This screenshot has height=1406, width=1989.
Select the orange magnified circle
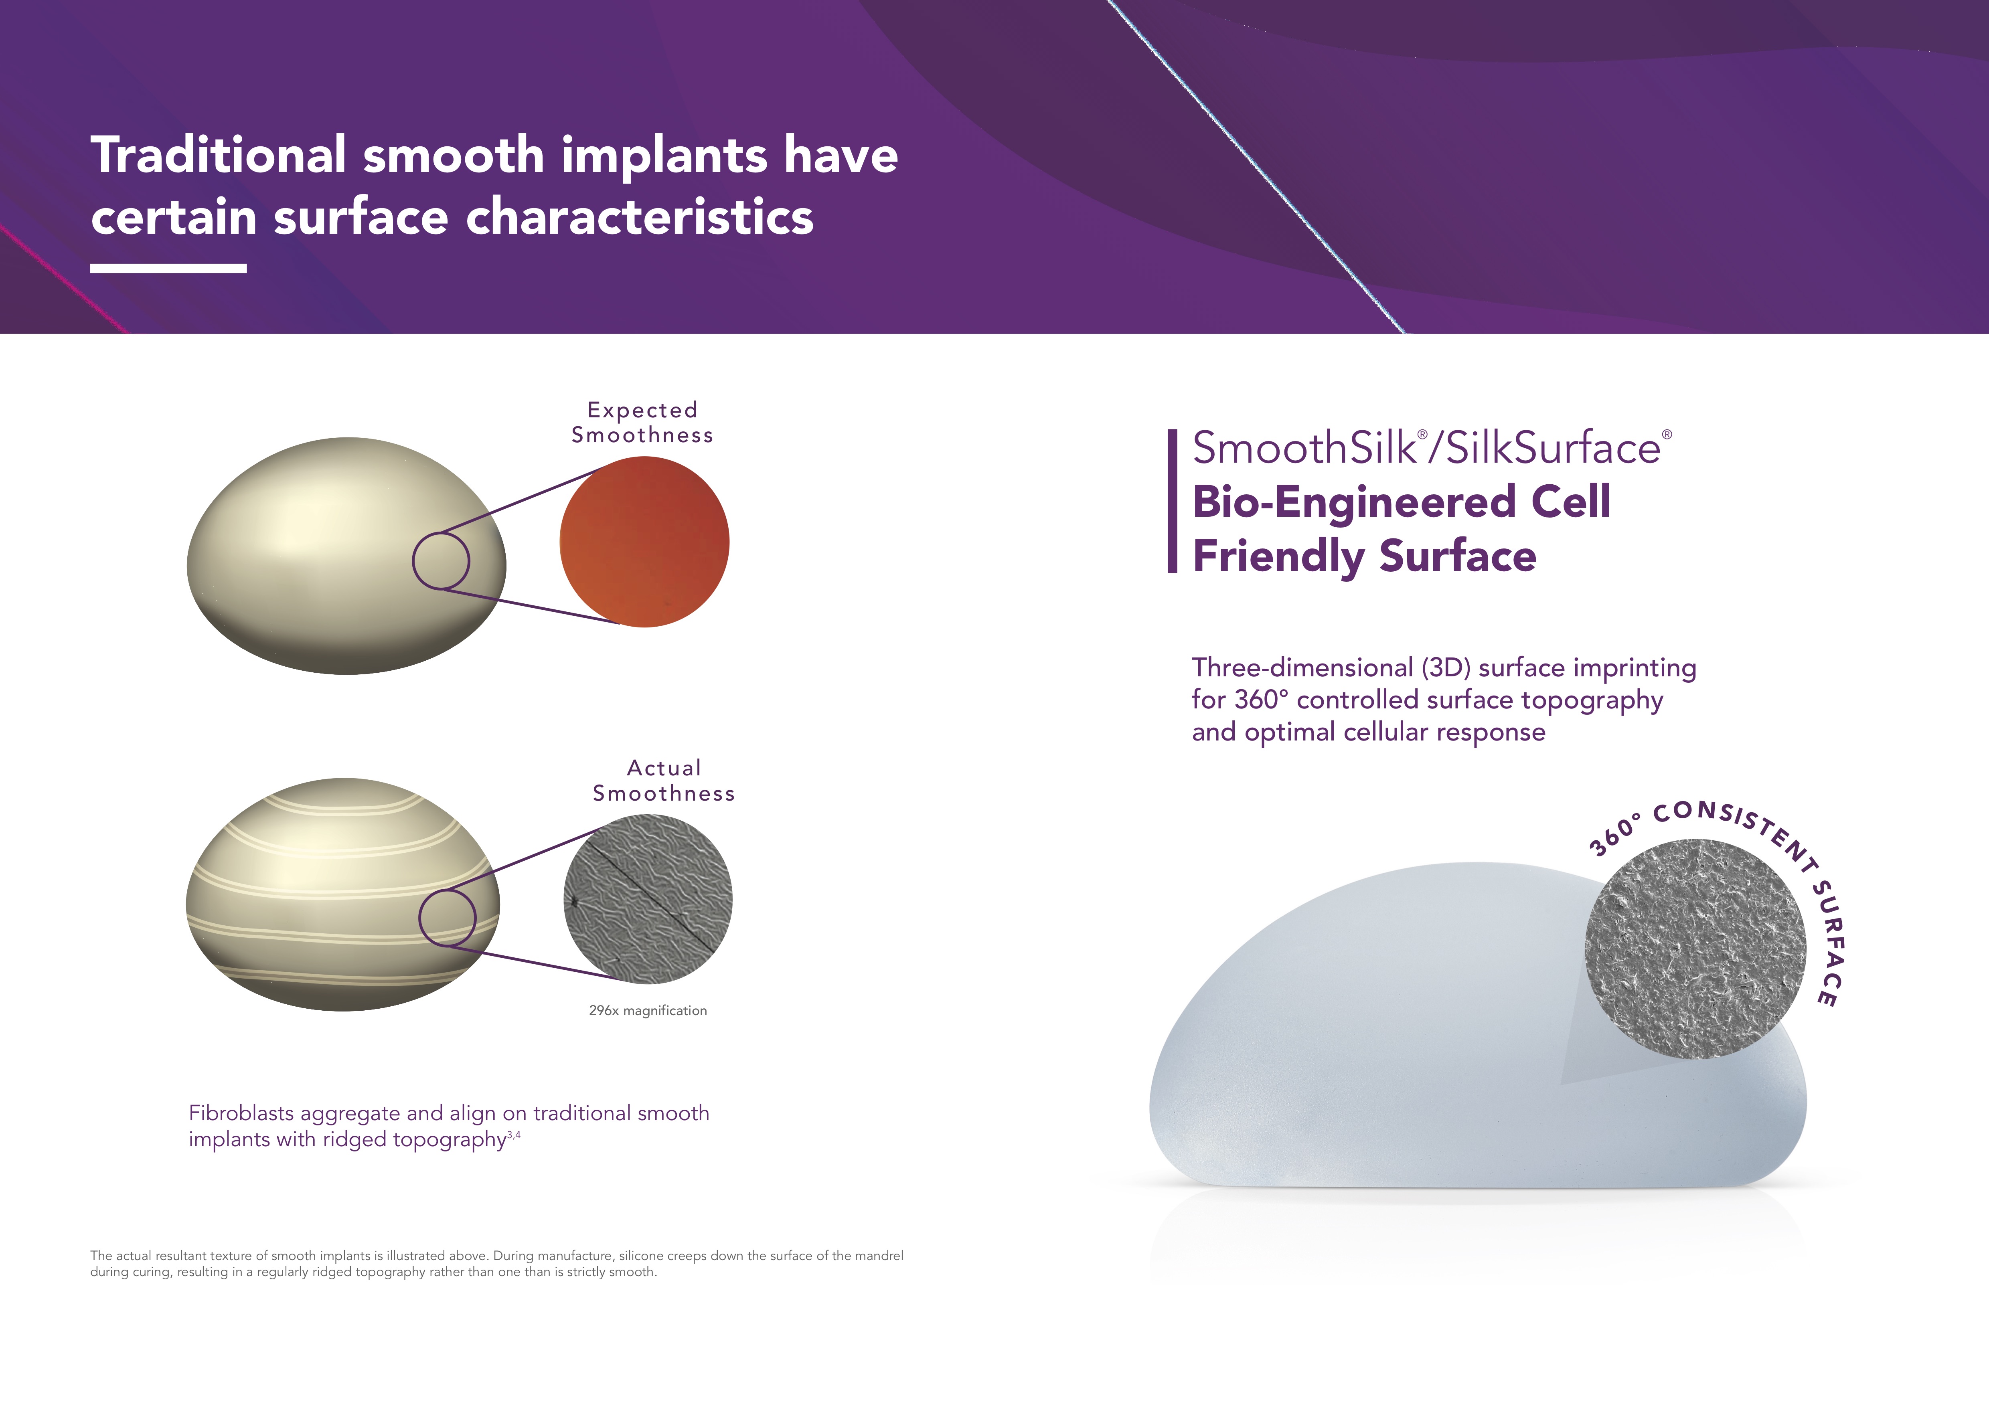(644, 542)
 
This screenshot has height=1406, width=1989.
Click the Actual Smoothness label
(664, 781)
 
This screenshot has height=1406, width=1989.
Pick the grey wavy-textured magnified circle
(648, 899)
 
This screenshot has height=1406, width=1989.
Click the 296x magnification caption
(648, 1011)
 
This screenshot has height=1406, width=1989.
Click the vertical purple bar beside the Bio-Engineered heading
(1172, 501)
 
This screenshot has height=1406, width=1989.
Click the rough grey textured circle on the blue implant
(1695, 949)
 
